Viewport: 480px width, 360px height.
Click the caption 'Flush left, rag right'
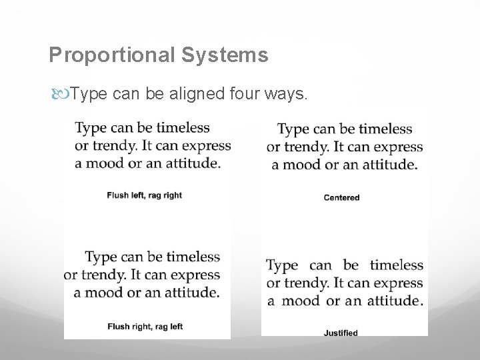pyautogui.click(x=144, y=195)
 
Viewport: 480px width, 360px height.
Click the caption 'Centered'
pyautogui.click(x=341, y=197)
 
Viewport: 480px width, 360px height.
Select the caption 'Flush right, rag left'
pyautogui.click(x=145, y=326)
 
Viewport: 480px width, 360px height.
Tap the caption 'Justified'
pyautogui.click(x=341, y=333)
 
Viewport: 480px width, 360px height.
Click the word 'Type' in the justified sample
pyautogui.click(x=282, y=265)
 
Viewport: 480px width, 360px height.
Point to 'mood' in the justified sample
pyautogui.click(x=300, y=300)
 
